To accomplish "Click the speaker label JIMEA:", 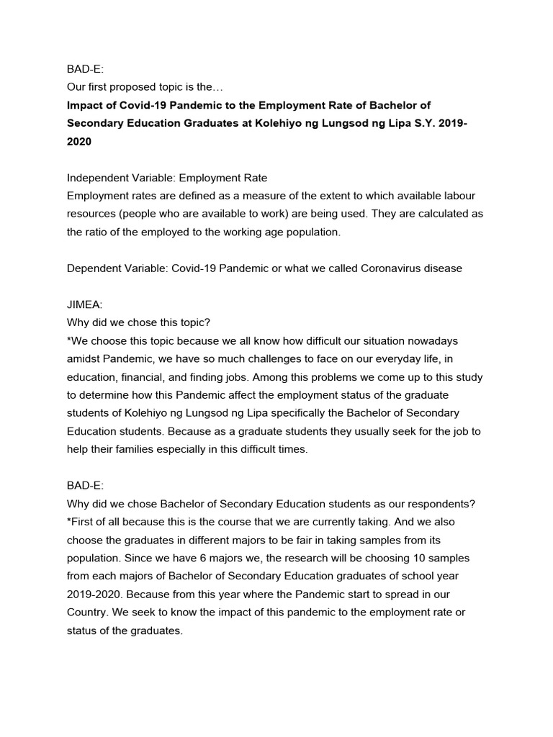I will (x=85, y=304).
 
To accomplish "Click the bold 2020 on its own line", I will (x=79, y=142).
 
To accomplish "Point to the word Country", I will (x=88, y=611).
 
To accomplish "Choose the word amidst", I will (x=84, y=358).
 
